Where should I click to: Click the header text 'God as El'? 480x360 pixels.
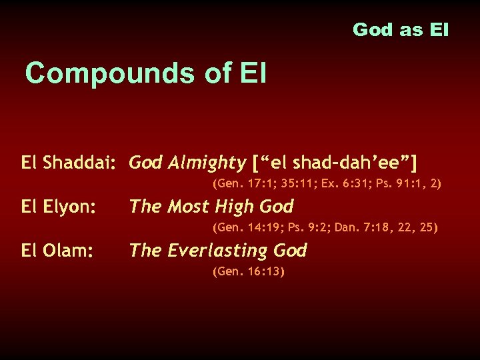[x=401, y=30]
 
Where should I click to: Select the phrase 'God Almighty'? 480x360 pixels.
[x=187, y=162]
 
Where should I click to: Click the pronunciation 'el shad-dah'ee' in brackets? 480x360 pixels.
[x=337, y=162]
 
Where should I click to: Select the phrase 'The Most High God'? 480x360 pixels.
[x=211, y=207]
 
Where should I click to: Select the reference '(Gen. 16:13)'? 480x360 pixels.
[x=248, y=271]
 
